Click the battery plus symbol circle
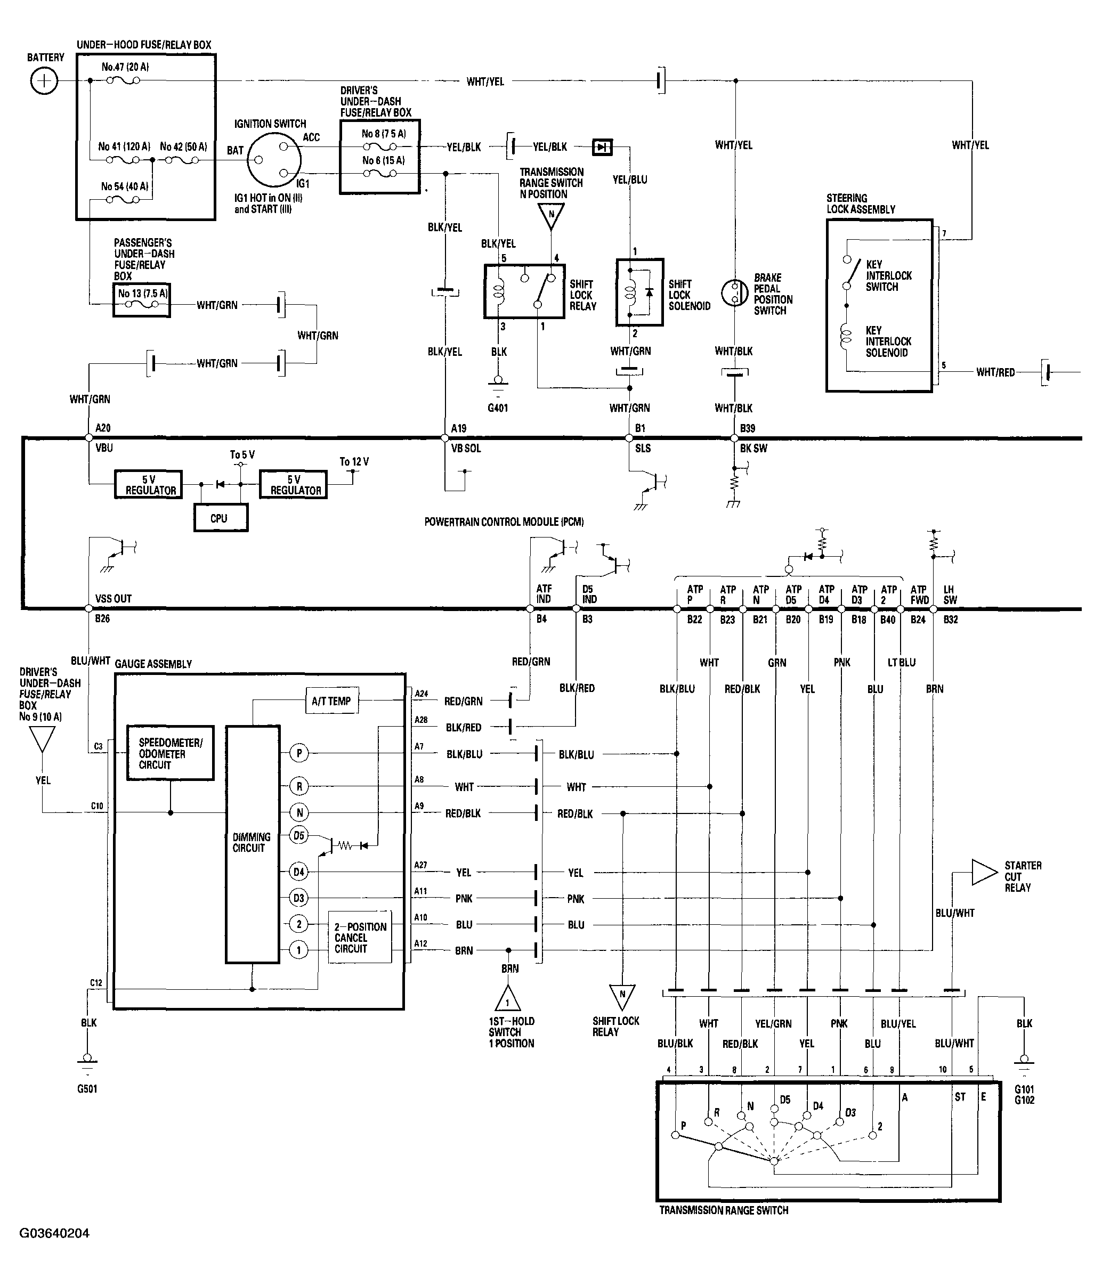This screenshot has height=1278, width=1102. tap(44, 81)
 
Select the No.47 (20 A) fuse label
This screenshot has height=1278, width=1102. tap(125, 67)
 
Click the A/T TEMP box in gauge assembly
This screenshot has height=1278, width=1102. tap(331, 701)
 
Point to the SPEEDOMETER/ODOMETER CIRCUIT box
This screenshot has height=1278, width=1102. tap(171, 753)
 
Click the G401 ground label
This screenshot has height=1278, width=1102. tap(497, 408)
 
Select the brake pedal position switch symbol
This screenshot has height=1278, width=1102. tap(734, 293)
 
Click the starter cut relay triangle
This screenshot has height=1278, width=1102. tap(983, 872)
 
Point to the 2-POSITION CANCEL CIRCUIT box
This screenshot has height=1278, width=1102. tap(360, 938)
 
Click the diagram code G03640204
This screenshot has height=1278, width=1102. tap(54, 1233)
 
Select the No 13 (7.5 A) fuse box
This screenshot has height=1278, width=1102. tap(141, 300)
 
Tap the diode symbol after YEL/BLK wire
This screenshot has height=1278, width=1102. tap(602, 147)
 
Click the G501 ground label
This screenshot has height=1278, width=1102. tap(87, 1089)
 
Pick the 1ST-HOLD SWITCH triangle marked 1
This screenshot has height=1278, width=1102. tap(507, 998)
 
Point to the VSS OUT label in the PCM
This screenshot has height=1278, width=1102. tap(113, 598)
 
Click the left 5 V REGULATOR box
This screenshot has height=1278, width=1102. tap(149, 485)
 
